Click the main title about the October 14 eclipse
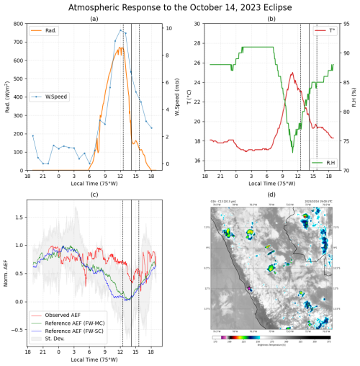pos(180,7)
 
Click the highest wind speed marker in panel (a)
pos(120,30)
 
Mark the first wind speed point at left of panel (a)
pos(32,135)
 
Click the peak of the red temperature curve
pos(292,72)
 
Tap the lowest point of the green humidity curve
pos(292,152)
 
